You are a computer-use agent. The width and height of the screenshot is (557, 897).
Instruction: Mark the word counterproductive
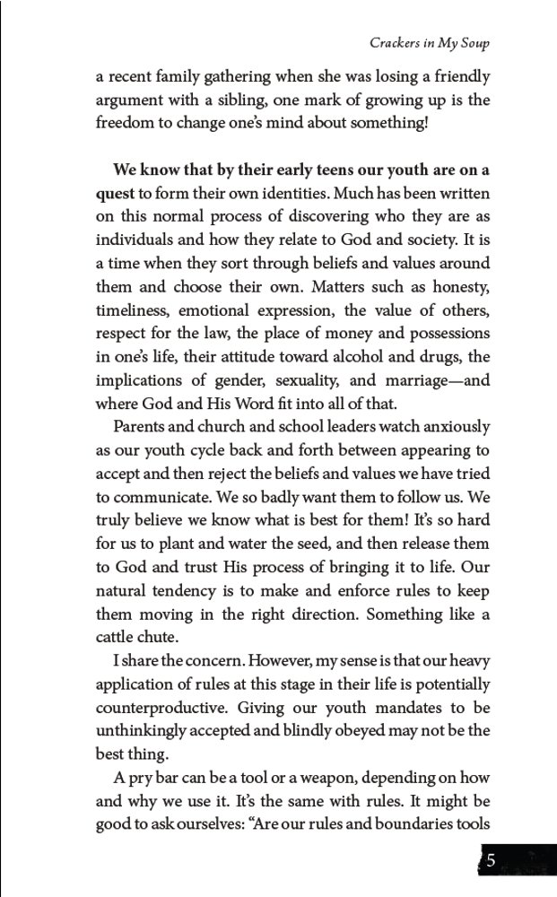(170, 708)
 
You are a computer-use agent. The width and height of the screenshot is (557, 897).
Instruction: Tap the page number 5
(492, 860)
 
